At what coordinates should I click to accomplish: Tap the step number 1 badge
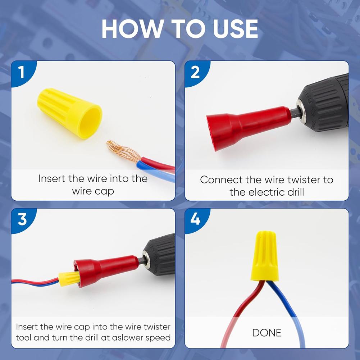point(21,72)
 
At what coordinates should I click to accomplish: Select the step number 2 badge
point(195,72)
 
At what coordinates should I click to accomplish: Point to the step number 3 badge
point(22,219)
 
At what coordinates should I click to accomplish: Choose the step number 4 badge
point(195,219)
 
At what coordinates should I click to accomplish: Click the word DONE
point(266,333)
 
